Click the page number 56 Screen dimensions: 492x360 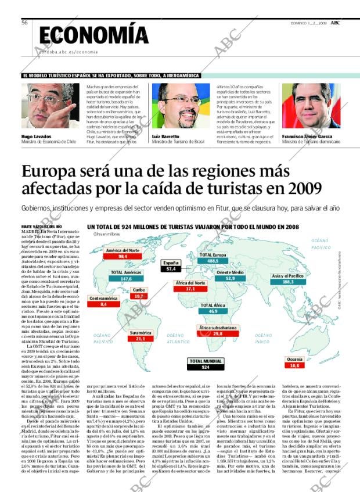point(25,23)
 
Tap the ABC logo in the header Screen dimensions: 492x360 point(344,22)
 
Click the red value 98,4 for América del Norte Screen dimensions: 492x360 point(123,256)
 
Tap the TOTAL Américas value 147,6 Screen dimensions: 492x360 point(126,279)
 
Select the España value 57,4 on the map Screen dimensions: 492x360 point(171,269)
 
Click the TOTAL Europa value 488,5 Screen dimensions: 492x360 point(213,261)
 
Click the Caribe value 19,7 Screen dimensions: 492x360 point(139,296)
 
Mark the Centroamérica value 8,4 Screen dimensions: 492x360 point(103,304)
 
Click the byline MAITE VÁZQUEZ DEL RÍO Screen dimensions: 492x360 point(37,225)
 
